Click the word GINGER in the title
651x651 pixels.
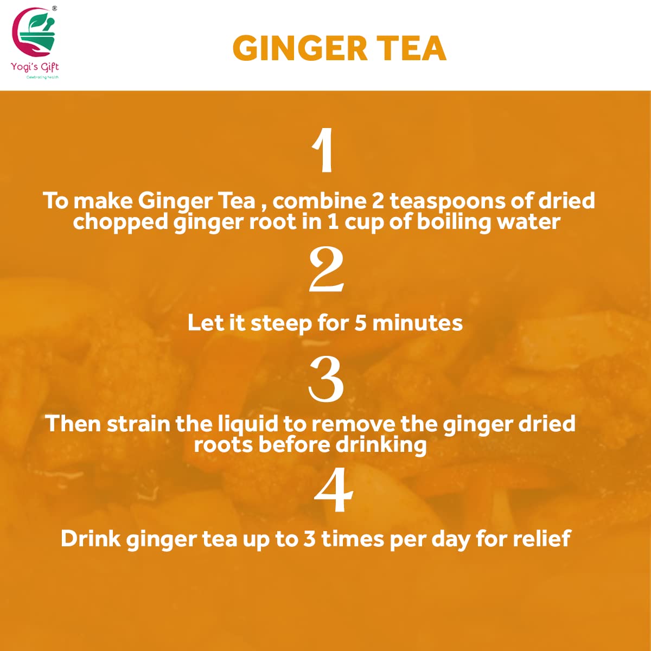299,48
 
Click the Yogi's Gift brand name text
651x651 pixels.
35,67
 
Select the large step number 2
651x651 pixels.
326,270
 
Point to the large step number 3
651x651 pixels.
326,379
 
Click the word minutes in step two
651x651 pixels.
417,323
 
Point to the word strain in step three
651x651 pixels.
138,424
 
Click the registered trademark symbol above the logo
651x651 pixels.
54,8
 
